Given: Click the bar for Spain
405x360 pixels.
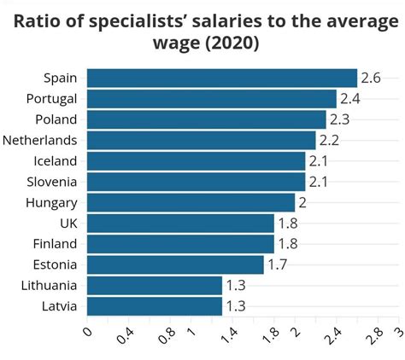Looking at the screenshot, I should click(222, 78).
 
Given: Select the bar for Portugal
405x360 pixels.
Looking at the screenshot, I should click(212, 98).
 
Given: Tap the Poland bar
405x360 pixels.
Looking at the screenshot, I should click(207, 119).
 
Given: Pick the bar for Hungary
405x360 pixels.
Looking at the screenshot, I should click(191, 202).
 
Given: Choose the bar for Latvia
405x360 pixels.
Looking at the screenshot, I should click(155, 306).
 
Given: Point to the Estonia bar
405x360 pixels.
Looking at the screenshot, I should click(175, 264).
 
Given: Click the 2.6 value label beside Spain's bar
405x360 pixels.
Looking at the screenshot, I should click(370, 78).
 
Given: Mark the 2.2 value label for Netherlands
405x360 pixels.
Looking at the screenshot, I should click(329, 140).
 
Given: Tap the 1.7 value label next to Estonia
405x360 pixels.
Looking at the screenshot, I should click(277, 264).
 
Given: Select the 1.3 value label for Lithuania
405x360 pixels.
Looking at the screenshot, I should click(236, 286).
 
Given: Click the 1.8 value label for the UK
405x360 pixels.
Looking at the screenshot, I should click(287, 224).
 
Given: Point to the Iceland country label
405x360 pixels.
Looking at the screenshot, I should click(56, 161).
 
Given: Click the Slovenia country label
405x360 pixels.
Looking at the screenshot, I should click(52, 182).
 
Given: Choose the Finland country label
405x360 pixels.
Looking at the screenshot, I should click(56, 244).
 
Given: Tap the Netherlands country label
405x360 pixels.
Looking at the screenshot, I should click(40, 140).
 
